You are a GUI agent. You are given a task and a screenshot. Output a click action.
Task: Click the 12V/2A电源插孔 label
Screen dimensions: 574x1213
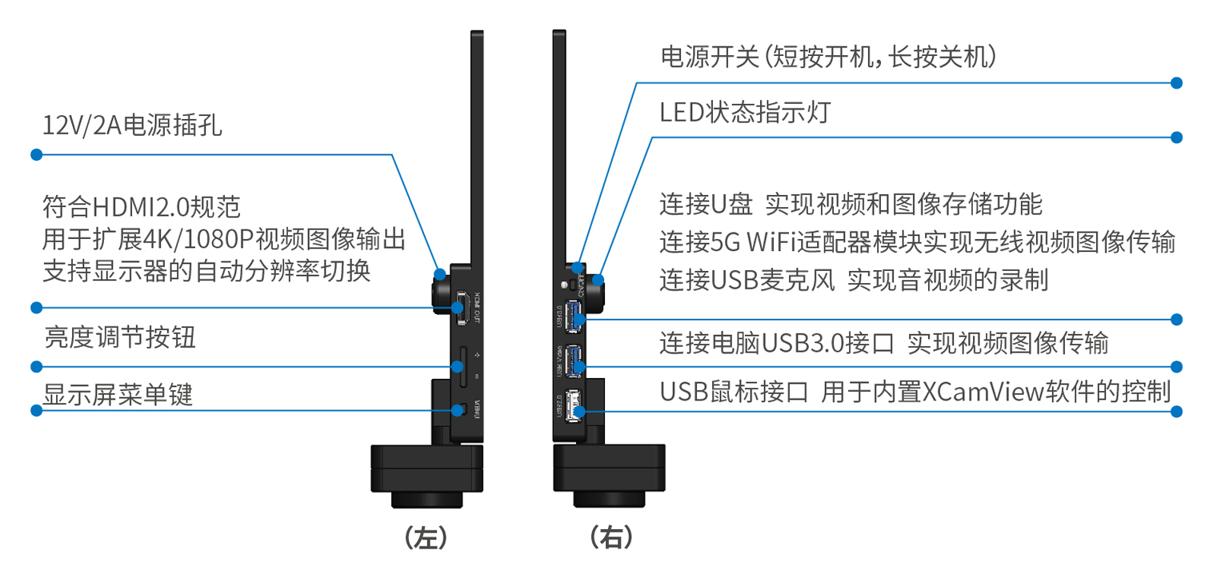tap(132, 126)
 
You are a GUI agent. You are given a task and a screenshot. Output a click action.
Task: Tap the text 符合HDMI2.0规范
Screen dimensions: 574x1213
tap(141, 208)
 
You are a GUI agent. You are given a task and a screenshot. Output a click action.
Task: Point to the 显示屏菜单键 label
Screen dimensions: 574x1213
tap(118, 394)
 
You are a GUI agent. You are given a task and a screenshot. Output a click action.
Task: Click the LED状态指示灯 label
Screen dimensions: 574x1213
tap(745, 113)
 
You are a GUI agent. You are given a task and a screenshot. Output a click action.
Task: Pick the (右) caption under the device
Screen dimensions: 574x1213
tap(611, 537)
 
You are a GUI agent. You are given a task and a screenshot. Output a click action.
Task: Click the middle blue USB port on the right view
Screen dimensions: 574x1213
tap(574, 360)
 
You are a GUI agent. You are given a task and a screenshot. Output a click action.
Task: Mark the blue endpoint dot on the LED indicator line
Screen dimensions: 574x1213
tap(1176, 138)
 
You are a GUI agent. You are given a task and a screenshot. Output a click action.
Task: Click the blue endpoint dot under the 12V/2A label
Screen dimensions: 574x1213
tap(35, 154)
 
